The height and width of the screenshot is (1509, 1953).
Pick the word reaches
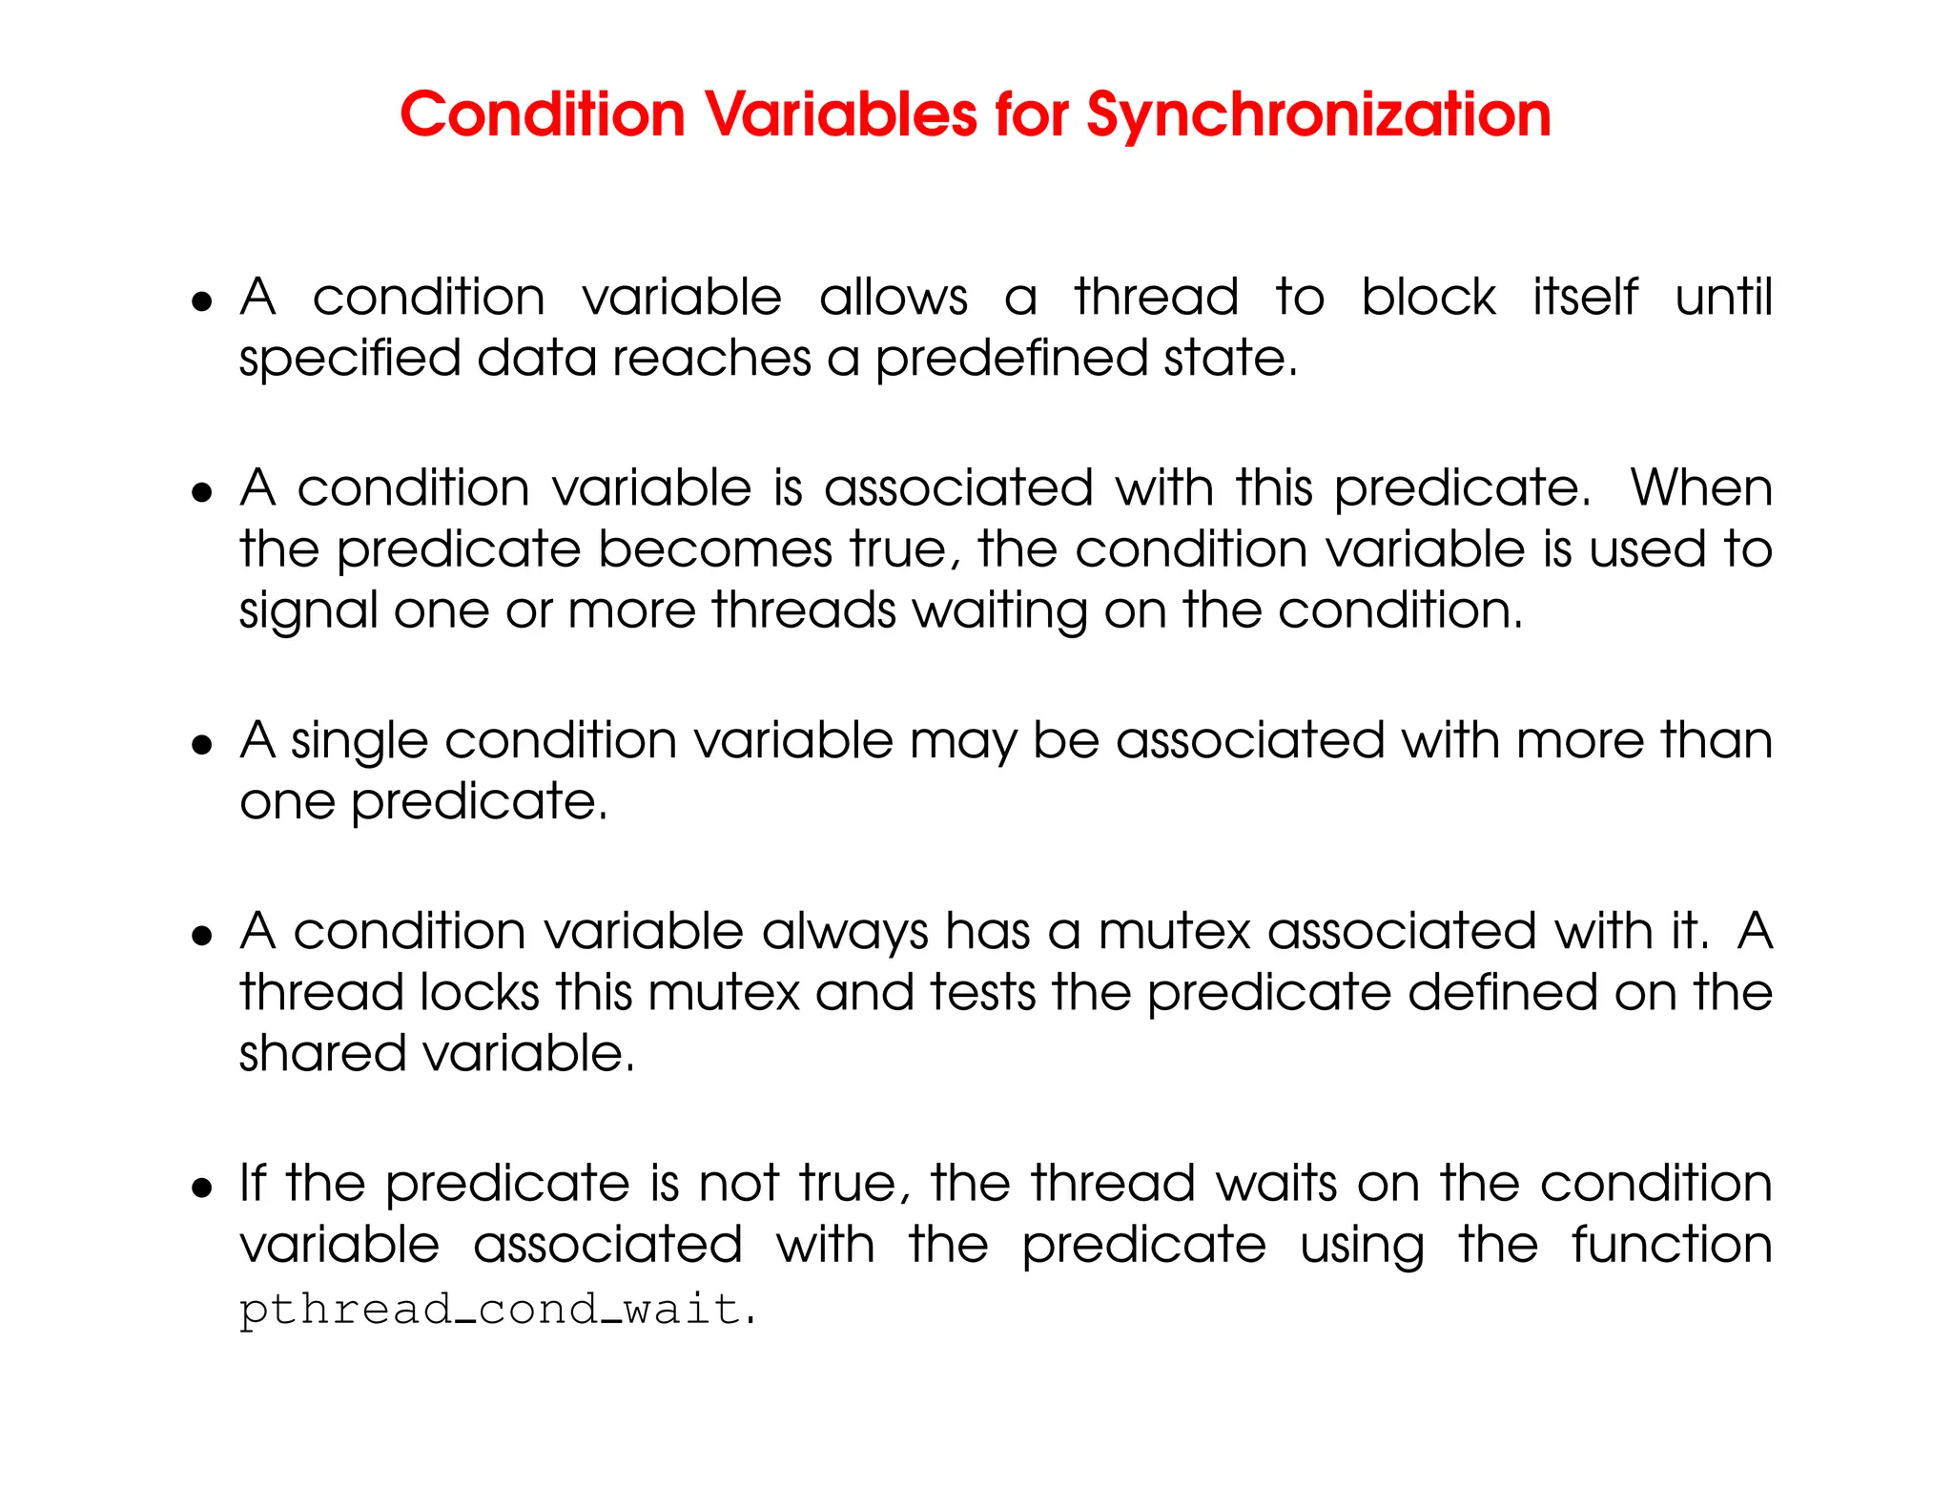(711, 359)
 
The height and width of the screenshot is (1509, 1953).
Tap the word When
(1700, 488)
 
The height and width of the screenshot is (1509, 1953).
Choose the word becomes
(715, 550)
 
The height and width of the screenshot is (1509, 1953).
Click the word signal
(309, 612)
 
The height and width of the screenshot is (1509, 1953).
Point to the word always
(845, 932)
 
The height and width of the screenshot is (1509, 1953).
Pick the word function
(1672, 1245)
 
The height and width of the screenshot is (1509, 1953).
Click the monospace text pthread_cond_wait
(490, 1309)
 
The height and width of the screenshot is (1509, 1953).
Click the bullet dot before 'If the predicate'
(202, 1189)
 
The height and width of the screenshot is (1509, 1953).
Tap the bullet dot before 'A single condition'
(202, 745)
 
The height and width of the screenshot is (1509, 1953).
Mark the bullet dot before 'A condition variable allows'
(202, 302)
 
